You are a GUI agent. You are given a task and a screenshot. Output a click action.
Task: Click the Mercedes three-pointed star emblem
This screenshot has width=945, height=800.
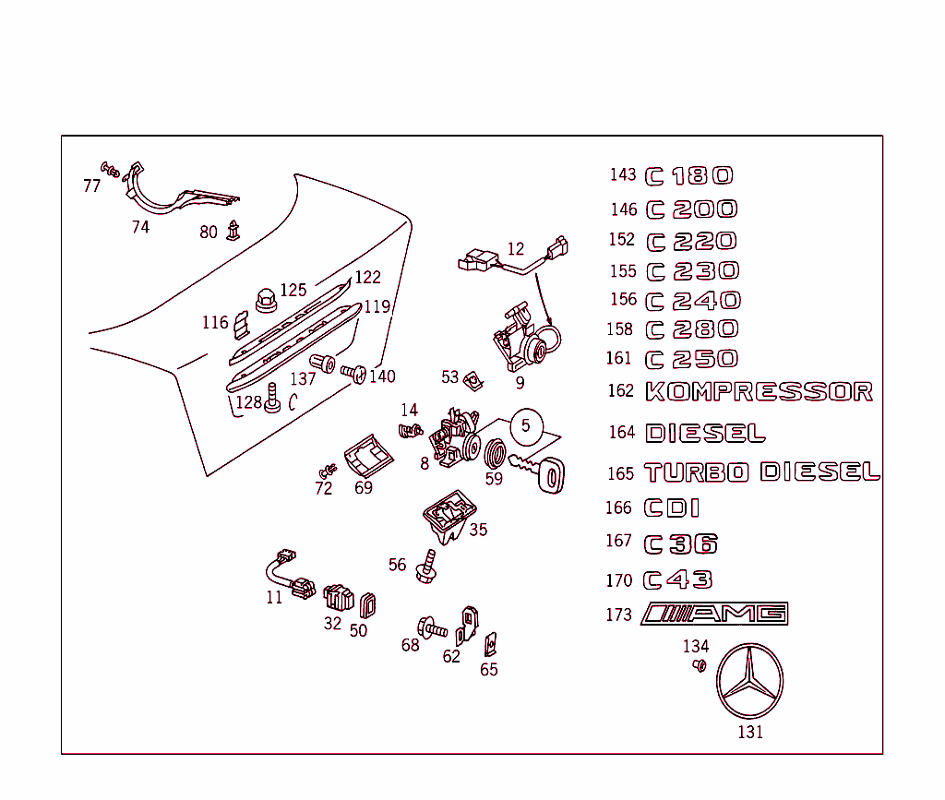tap(750, 683)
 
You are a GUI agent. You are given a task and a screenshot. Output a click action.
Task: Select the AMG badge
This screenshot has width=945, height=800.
tap(715, 614)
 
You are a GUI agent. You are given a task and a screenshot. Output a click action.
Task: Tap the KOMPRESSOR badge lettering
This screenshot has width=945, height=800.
tap(759, 391)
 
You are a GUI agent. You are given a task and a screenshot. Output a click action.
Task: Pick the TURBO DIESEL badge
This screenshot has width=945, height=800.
tap(762, 472)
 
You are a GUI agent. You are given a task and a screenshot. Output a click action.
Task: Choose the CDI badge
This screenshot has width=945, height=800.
tap(671, 507)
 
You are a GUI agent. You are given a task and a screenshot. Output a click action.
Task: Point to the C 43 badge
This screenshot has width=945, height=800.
tap(678, 579)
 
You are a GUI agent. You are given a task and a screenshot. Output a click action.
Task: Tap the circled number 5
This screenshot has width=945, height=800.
tap(526, 425)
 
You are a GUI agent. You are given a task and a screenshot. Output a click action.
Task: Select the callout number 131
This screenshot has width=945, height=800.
tap(750, 733)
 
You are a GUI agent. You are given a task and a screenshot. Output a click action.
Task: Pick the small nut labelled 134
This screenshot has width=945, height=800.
tap(700, 665)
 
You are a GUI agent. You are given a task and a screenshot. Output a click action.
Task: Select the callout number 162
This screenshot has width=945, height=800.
tap(620, 391)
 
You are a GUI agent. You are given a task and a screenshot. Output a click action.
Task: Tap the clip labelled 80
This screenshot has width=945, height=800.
tap(233, 229)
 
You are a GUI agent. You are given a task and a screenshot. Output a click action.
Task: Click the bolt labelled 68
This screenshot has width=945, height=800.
tap(431, 627)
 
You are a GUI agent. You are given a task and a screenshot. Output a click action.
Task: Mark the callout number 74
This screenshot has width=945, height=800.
tap(140, 227)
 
